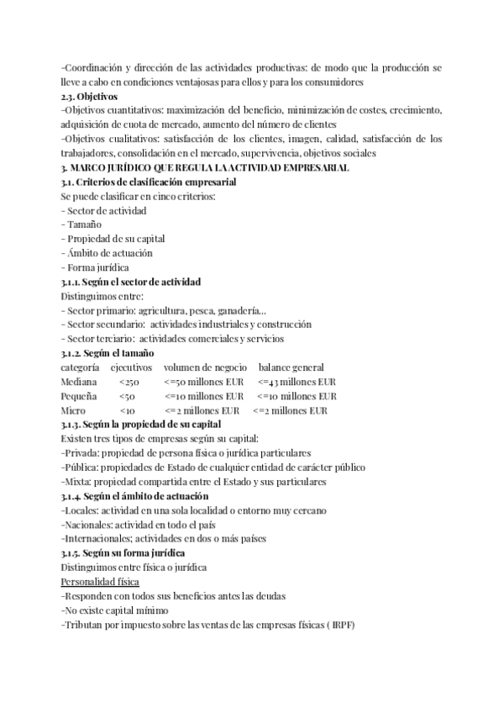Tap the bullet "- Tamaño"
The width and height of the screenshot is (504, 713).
(81, 224)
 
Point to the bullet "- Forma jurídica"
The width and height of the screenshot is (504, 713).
(95, 267)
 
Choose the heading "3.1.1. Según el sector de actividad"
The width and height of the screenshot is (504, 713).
(131, 282)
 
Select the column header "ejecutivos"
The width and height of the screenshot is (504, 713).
(131, 367)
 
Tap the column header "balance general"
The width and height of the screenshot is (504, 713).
(291, 367)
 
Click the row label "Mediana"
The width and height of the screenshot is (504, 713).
(79, 382)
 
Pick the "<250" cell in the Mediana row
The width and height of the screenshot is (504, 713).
(130, 382)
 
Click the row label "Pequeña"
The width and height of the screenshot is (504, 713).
(79, 396)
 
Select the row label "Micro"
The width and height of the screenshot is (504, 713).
(73, 410)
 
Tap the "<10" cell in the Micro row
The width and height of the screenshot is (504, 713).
(128, 410)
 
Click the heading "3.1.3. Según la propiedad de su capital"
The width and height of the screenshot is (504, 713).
(140, 425)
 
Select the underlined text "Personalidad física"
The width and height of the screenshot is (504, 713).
(101, 582)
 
